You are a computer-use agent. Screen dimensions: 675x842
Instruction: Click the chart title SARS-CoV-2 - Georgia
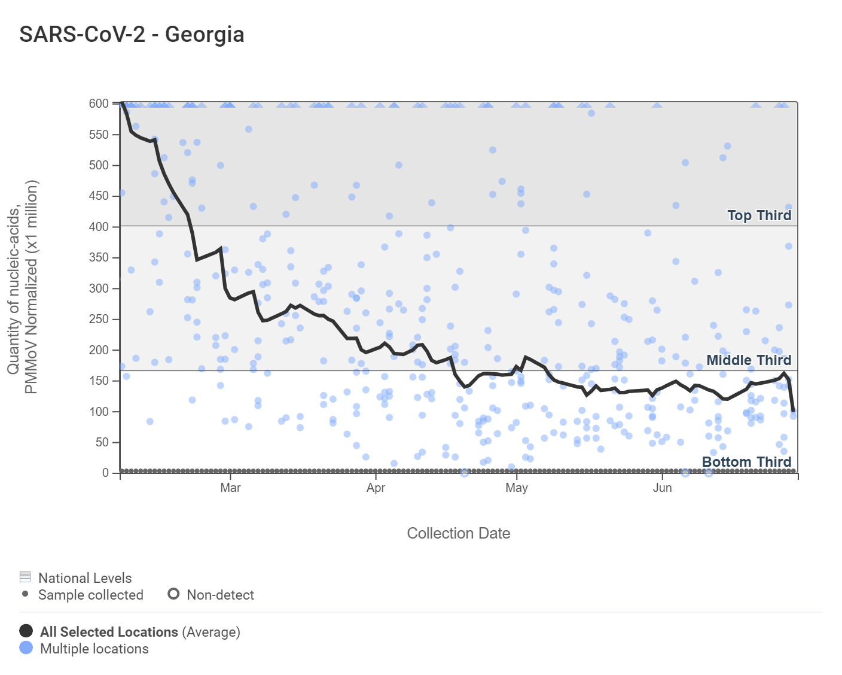click(x=132, y=34)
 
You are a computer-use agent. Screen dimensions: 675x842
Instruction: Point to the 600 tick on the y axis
click(x=99, y=104)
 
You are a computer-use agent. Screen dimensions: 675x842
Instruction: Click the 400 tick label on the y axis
click(x=99, y=227)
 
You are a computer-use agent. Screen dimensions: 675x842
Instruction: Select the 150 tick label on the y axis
click(x=99, y=381)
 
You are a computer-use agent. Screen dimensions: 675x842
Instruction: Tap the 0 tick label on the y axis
click(x=105, y=473)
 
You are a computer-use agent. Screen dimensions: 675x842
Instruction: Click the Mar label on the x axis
click(x=230, y=488)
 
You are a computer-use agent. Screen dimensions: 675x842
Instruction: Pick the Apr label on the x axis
click(x=376, y=488)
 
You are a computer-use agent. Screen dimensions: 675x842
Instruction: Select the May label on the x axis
click(x=517, y=488)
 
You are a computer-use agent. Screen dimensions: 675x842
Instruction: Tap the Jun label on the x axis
click(x=662, y=488)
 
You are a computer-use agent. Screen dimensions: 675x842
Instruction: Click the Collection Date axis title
click(x=458, y=533)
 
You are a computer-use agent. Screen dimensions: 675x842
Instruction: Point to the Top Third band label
click(x=759, y=215)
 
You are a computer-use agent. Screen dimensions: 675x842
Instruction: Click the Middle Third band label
click(x=749, y=360)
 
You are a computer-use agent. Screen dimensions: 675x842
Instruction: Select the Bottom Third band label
click(x=746, y=462)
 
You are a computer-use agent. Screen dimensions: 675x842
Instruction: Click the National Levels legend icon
click(x=25, y=577)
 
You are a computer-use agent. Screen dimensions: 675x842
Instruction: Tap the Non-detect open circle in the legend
click(x=173, y=594)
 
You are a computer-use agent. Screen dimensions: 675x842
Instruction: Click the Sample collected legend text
click(x=91, y=595)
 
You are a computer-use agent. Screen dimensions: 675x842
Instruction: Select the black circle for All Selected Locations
click(x=26, y=631)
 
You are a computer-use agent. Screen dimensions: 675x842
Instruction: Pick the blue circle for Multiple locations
click(x=26, y=647)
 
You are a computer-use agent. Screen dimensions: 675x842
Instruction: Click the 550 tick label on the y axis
click(x=99, y=135)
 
